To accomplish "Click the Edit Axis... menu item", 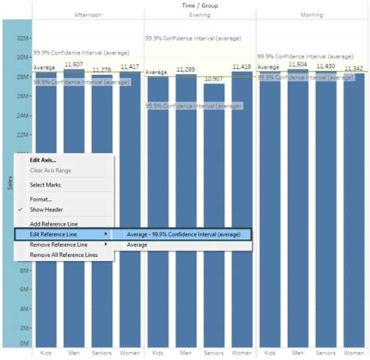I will (43, 160).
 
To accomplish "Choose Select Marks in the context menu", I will (46, 185).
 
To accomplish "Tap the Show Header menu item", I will (47, 209).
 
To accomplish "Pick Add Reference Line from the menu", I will (54, 224).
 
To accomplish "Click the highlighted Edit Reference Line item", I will (59, 234).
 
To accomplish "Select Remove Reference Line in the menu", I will (59, 244).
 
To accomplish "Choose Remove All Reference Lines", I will (63, 255).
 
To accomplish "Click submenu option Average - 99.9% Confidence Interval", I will (180, 234).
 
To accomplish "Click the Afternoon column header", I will (87, 15).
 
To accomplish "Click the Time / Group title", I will (200, 5).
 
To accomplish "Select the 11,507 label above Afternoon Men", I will (73, 65).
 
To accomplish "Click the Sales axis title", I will (9, 183).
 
